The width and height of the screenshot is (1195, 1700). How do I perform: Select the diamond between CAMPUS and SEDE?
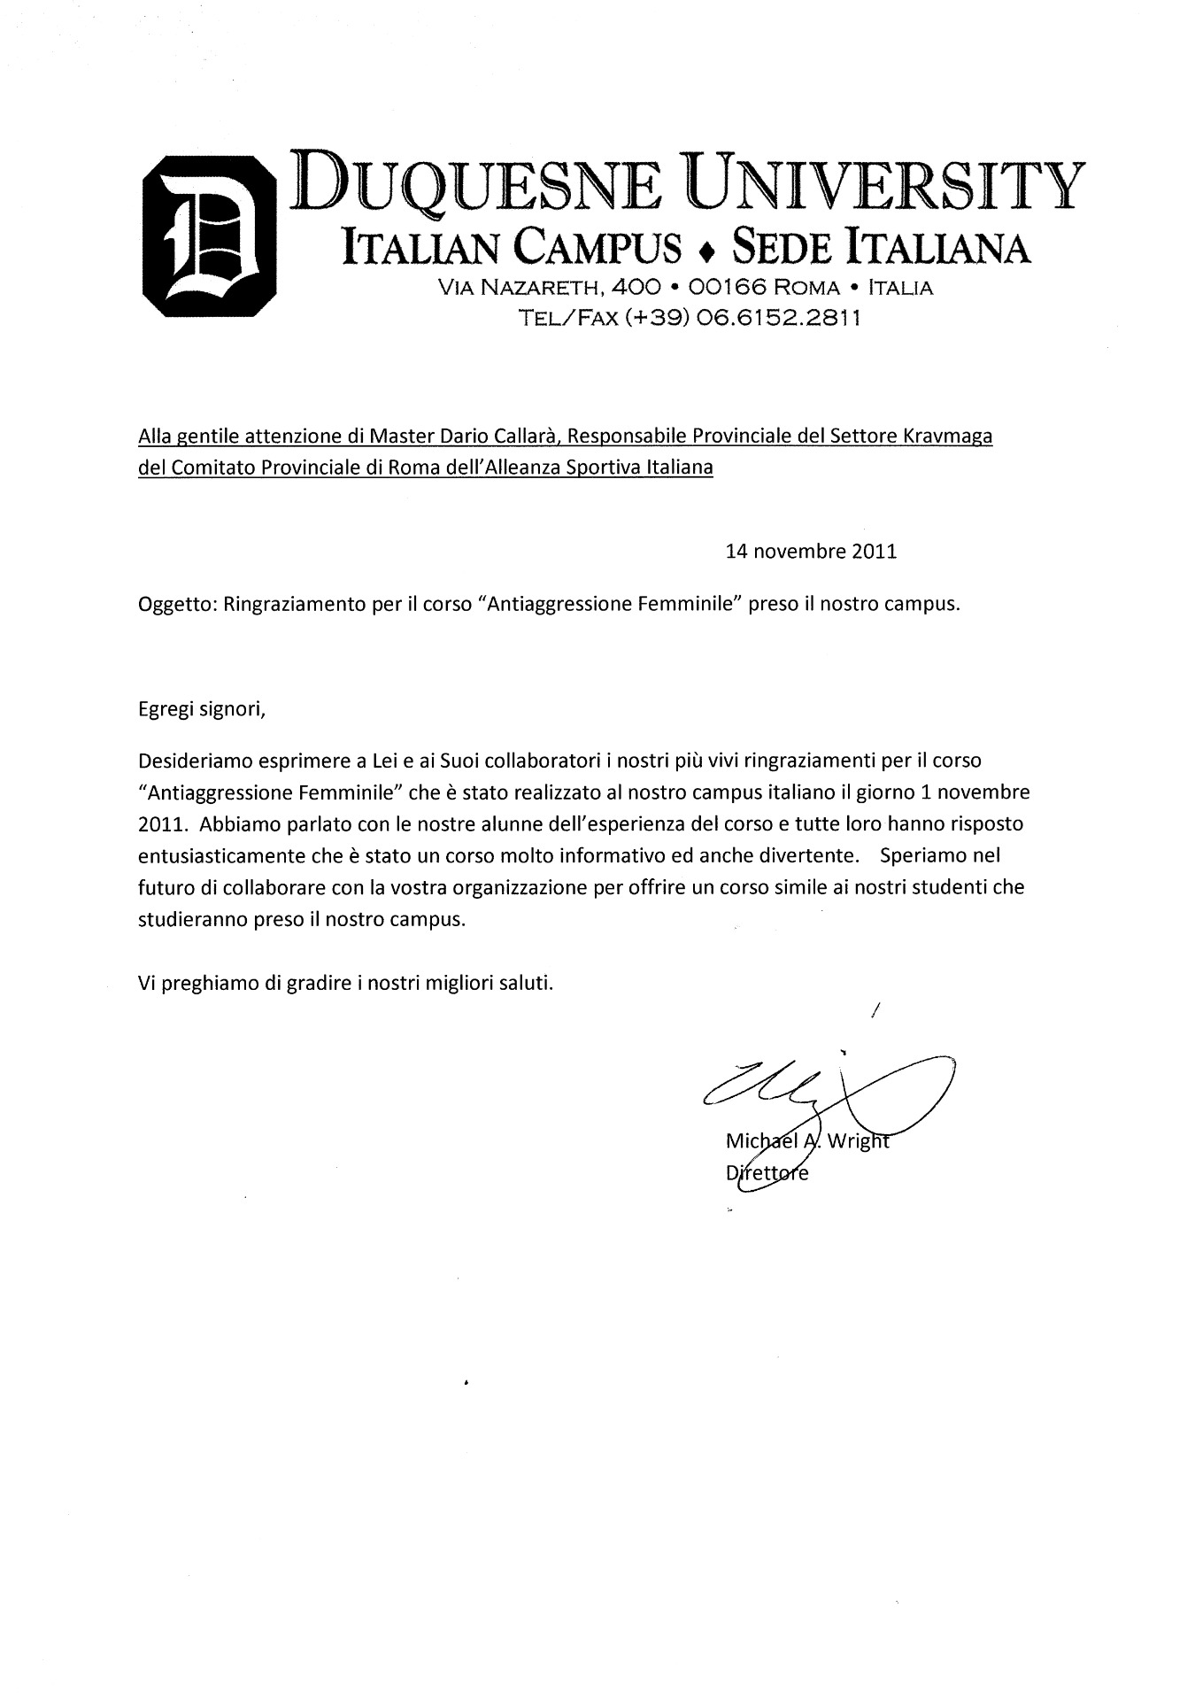point(705,252)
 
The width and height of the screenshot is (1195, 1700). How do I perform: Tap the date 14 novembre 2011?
point(811,552)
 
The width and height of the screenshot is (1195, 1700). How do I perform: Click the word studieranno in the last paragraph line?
point(187,919)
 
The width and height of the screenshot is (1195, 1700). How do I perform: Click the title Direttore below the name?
point(767,1174)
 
